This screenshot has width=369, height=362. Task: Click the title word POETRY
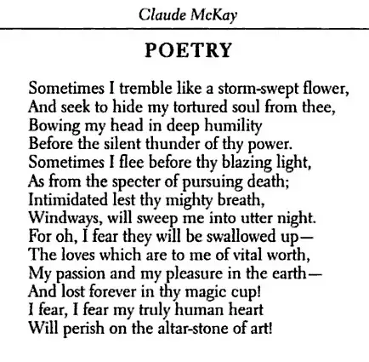(x=189, y=49)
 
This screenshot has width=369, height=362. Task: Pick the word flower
(x=326, y=88)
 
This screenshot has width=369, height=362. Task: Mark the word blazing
(x=249, y=159)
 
